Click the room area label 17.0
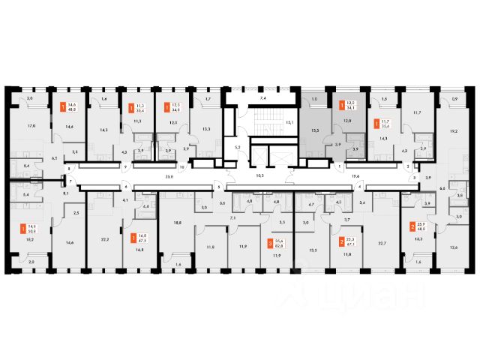pos(30,125)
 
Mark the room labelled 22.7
pos(382,242)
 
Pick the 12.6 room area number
pos(453,247)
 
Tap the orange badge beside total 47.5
pos(133,238)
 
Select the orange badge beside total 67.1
pos(342,242)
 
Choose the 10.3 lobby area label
pos(259,177)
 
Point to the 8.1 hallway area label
pos(66,193)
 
